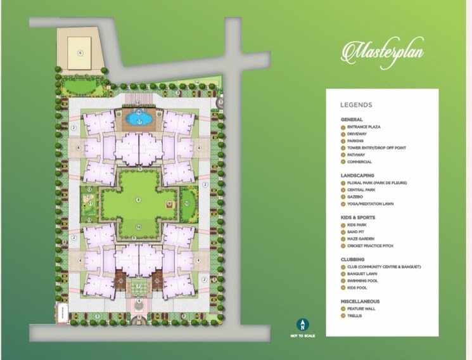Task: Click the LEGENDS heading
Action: (x=356, y=105)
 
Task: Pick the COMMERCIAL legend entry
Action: (x=359, y=162)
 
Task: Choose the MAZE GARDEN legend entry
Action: (x=361, y=238)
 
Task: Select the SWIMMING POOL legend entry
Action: (x=362, y=280)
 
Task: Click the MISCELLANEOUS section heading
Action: (x=360, y=301)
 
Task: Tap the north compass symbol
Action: (x=302, y=325)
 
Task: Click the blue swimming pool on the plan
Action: (x=139, y=119)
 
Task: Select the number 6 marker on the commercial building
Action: (x=80, y=53)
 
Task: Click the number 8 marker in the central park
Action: (x=138, y=200)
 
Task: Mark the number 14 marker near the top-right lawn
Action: (x=197, y=83)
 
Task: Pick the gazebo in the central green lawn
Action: (x=169, y=203)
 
